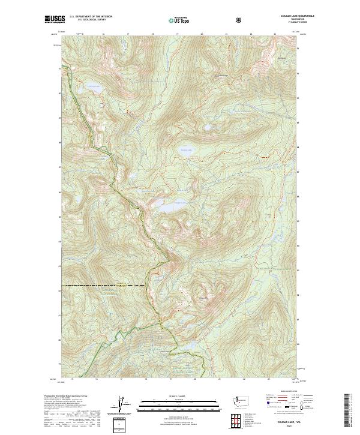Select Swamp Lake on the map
point(184,152)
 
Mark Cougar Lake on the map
point(170,207)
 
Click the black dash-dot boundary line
point(102,286)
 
